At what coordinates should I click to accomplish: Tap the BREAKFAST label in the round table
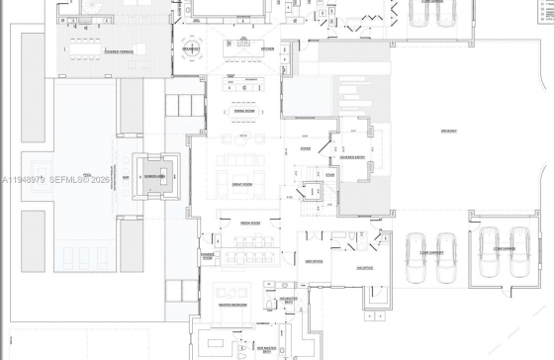190,48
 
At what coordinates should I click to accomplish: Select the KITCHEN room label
268,48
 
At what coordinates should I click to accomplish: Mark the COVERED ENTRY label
352,155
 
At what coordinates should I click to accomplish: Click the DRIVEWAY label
450,132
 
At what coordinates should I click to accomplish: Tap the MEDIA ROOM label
248,224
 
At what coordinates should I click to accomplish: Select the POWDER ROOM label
207,256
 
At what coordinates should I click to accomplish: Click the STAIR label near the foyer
330,174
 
